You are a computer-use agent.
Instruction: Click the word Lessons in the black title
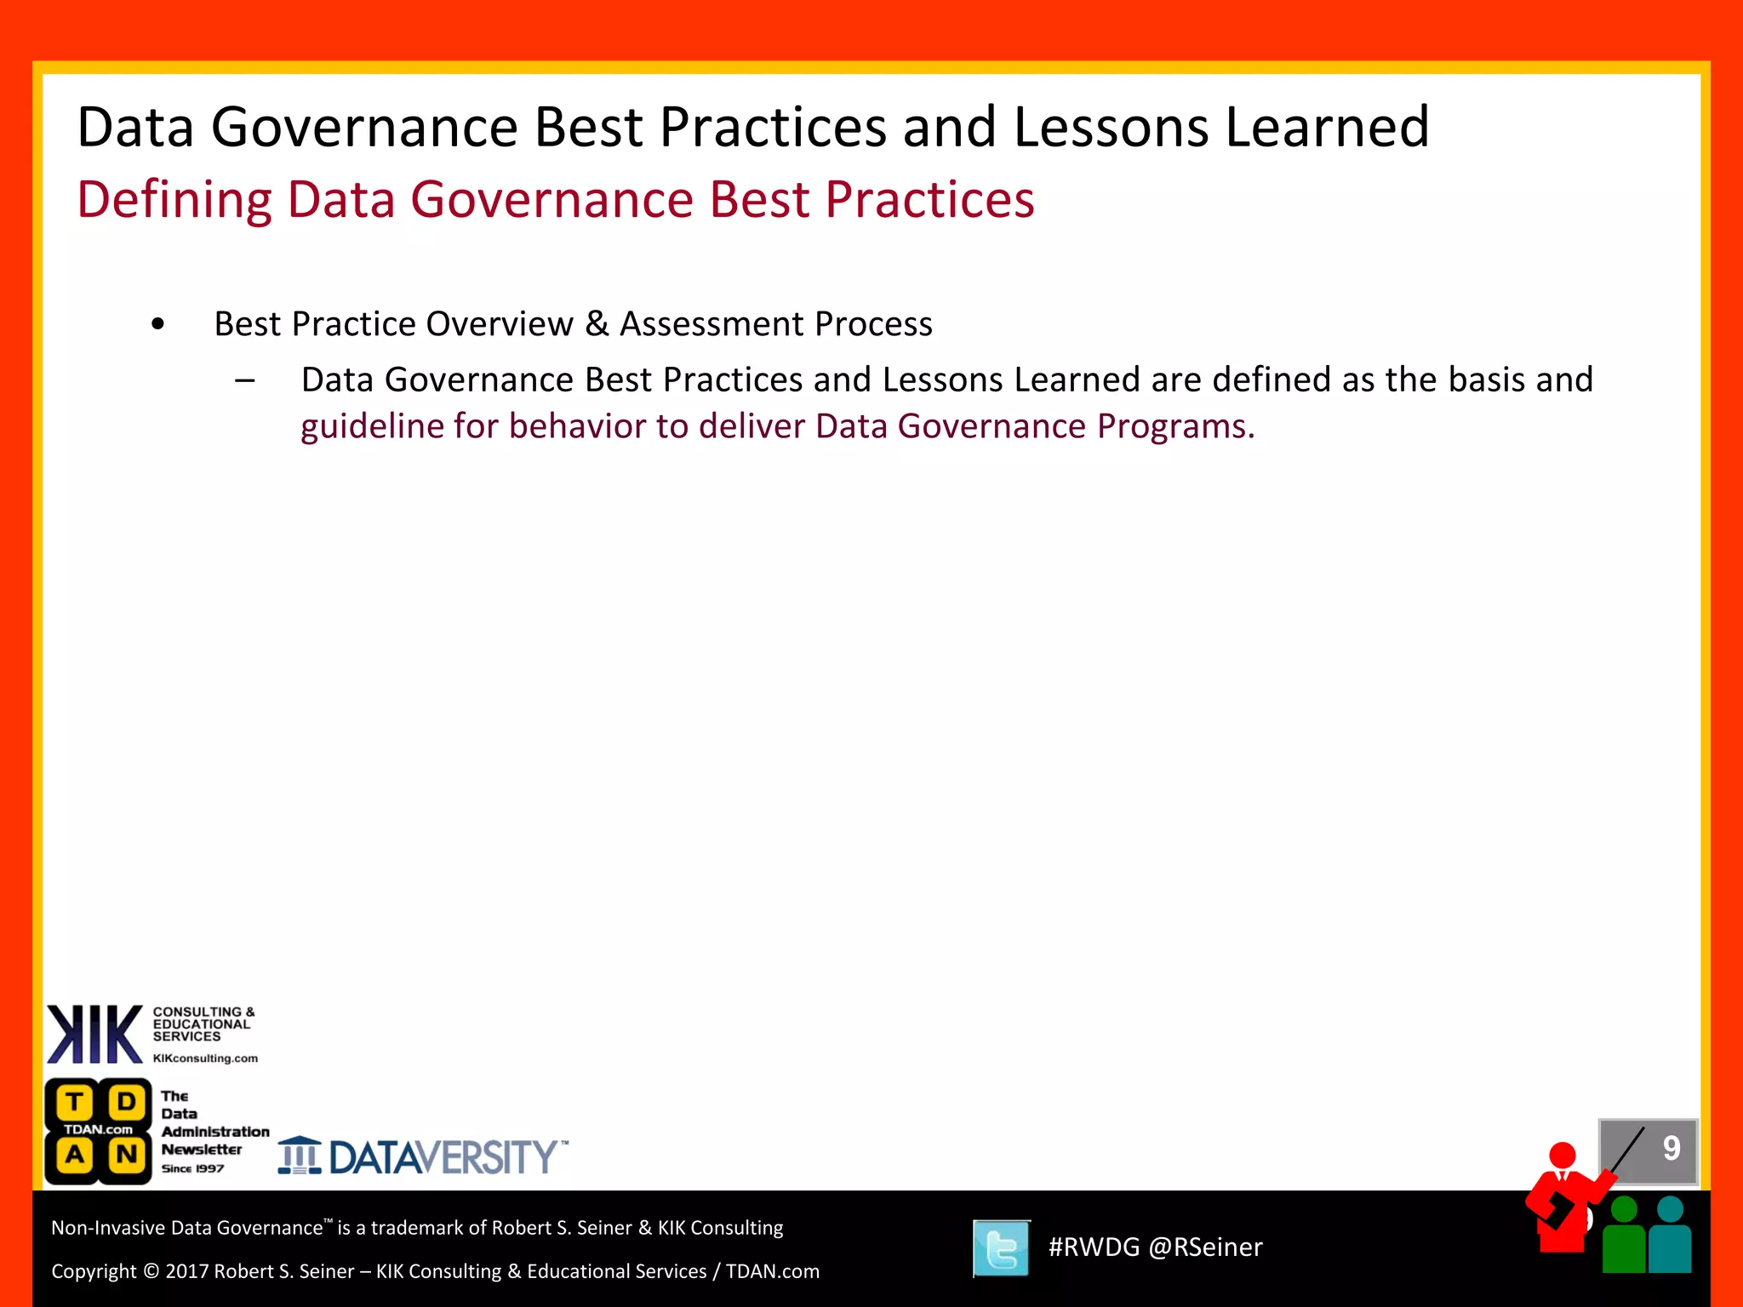coord(1111,128)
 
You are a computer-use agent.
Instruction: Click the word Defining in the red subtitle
coord(174,201)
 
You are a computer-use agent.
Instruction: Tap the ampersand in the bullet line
coord(597,324)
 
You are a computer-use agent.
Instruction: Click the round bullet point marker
coord(157,324)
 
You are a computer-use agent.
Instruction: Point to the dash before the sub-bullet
coord(245,380)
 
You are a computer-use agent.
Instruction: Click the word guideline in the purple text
coord(372,426)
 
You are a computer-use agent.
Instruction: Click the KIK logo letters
coord(94,1034)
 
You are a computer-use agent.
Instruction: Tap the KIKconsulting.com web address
coord(205,1059)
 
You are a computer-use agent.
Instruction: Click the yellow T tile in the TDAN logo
coord(75,1103)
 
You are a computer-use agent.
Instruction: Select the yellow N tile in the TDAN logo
coord(126,1155)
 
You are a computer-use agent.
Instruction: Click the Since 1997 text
coord(192,1168)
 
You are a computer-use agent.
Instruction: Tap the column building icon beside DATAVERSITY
coord(300,1156)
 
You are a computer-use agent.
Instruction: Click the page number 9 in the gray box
coord(1672,1149)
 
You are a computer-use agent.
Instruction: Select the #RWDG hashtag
coord(1094,1247)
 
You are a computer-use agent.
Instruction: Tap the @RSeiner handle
coord(1205,1247)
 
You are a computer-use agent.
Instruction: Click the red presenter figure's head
coord(1563,1156)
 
